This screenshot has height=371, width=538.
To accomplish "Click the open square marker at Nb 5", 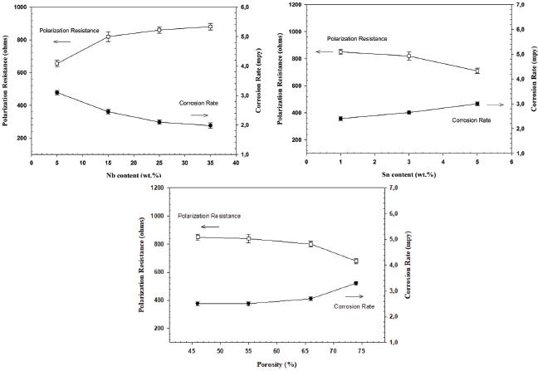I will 57,63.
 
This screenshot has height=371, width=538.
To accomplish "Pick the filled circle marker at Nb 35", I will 210,125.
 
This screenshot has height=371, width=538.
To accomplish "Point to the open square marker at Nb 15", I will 108,37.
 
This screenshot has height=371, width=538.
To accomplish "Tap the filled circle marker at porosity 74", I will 355,283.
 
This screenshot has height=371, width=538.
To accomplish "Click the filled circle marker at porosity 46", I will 198,304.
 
